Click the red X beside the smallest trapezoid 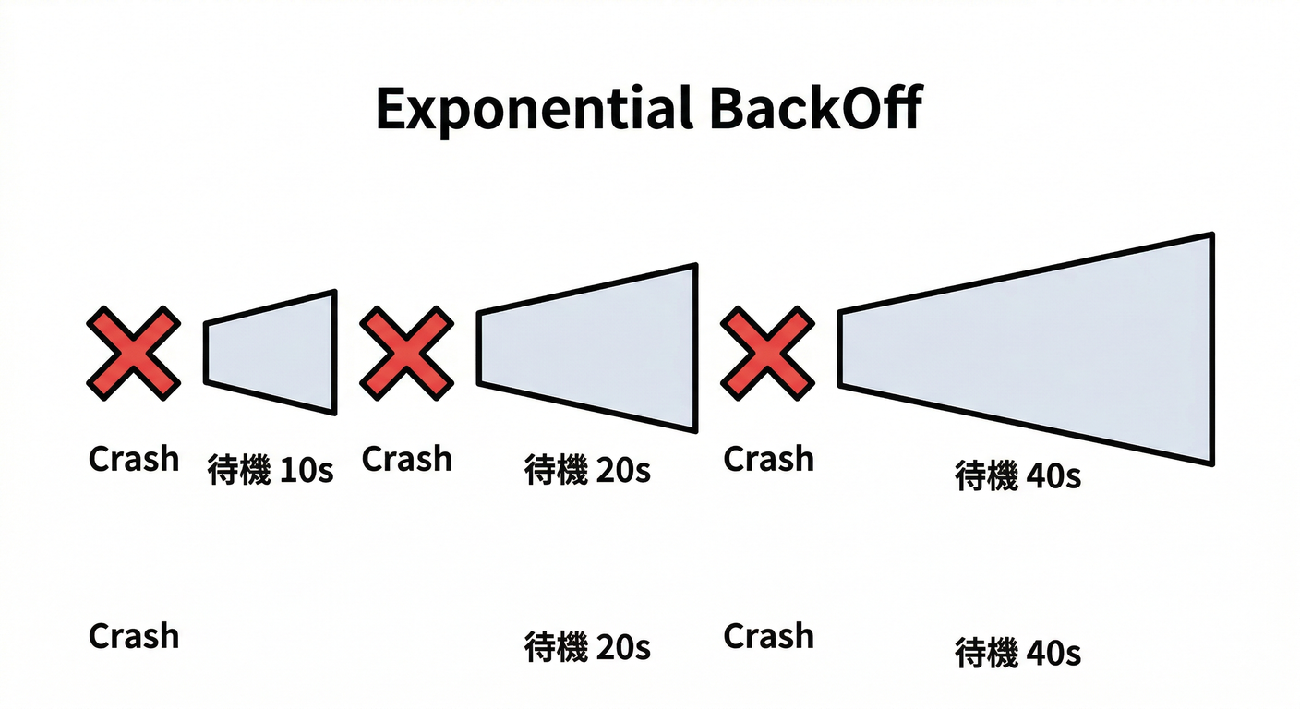click(134, 354)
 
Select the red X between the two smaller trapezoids click(406, 354)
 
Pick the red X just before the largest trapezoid click(768, 354)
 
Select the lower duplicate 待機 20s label click(587, 646)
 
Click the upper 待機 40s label click(1017, 476)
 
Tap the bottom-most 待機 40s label click(1017, 654)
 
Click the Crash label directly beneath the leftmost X click(134, 459)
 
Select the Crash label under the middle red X click(407, 459)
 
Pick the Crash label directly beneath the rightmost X click(768, 459)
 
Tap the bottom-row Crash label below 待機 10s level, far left click(134, 636)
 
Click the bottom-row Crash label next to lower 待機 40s click(768, 636)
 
